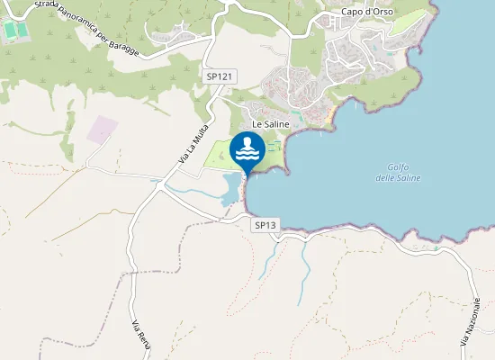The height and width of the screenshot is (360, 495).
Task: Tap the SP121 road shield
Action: point(220,77)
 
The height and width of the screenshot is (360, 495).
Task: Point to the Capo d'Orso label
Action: point(364,13)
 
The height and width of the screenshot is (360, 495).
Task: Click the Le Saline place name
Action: point(268,123)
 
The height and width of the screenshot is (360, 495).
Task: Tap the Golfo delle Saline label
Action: point(398,172)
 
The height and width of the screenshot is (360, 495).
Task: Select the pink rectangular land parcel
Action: point(101,130)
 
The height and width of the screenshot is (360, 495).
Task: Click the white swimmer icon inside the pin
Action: point(247,150)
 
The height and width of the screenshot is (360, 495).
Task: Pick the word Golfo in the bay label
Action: point(398,166)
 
